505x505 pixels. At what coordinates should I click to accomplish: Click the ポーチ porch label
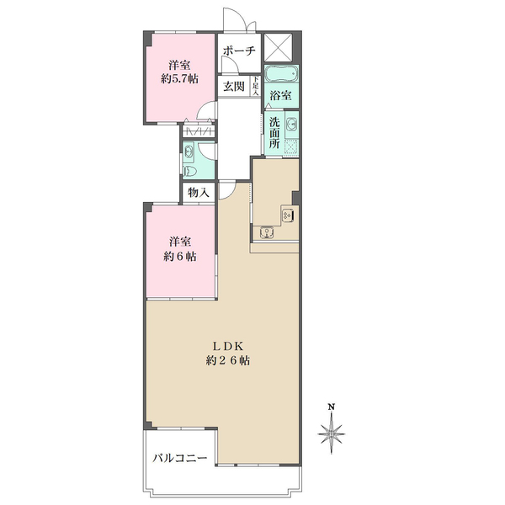coord(239,50)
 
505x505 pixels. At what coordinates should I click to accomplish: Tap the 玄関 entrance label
coord(234,87)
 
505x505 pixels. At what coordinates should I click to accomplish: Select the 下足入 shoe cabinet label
coord(256,86)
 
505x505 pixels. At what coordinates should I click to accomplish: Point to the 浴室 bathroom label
coord(281,95)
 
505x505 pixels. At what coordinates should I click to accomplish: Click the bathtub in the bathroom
coord(281,74)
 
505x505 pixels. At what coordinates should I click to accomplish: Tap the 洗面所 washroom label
coord(274,132)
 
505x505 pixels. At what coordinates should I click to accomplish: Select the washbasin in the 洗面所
coord(292,125)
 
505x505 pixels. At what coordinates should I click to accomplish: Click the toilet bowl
coord(190,171)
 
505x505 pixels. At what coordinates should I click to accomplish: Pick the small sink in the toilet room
coord(188,150)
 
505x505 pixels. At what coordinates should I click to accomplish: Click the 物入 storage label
coord(199,193)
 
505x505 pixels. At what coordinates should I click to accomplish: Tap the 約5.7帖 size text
coord(179,79)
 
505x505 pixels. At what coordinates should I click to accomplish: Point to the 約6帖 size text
coord(179,257)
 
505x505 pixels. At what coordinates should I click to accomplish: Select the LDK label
coord(227,346)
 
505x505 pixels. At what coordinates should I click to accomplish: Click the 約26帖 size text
coord(227,360)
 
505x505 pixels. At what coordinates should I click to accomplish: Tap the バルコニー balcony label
coord(180,458)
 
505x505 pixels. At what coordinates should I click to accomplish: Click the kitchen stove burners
coord(287,215)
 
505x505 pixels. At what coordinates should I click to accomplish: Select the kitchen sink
coord(267,232)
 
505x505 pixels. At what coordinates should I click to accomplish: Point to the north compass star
coord(332,433)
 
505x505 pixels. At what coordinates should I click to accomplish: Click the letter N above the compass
coord(331,407)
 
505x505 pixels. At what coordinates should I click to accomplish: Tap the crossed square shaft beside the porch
coord(278,47)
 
